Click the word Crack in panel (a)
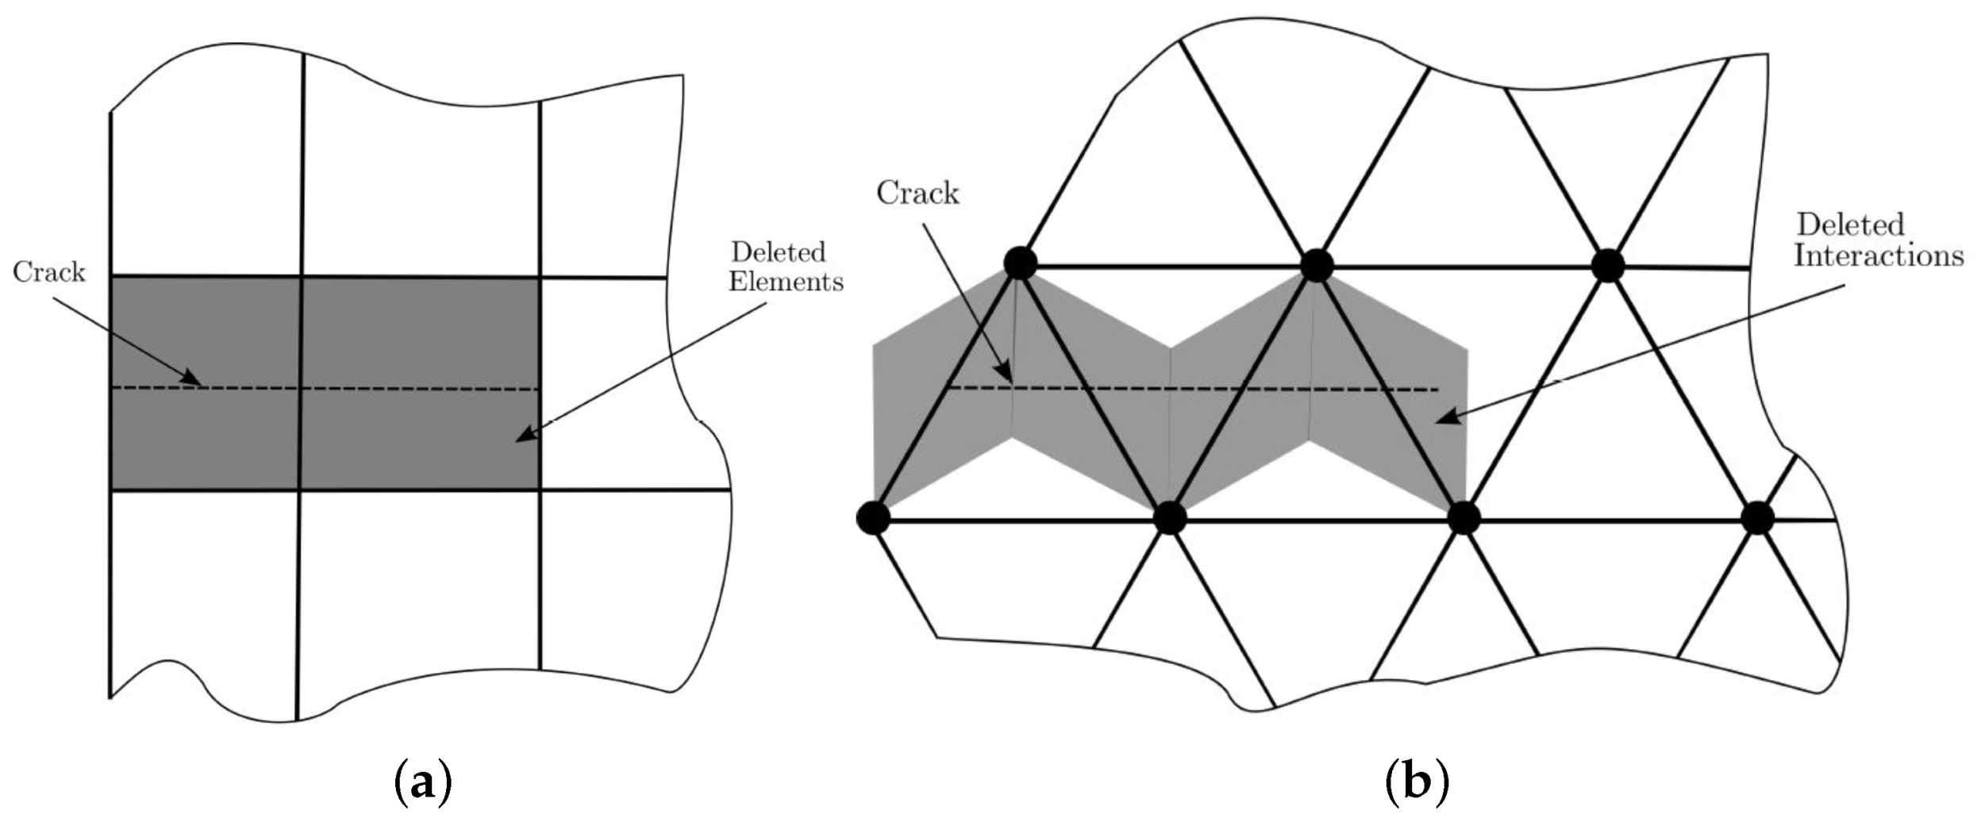(x=48, y=272)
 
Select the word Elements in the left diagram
(x=786, y=282)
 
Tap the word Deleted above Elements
(x=778, y=252)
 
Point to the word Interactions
(x=1879, y=255)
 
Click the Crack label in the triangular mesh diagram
(x=917, y=193)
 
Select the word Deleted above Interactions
(x=1851, y=225)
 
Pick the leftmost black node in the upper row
(x=1021, y=263)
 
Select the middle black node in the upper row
(x=1317, y=265)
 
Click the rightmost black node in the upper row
(x=1608, y=265)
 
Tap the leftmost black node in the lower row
(x=873, y=518)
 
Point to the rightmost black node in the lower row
(x=1757, y=518)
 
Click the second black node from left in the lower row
(x=1169, y=518)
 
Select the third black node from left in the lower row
(x=1464, y=518)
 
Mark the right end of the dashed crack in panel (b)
(x=1437, y=390)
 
